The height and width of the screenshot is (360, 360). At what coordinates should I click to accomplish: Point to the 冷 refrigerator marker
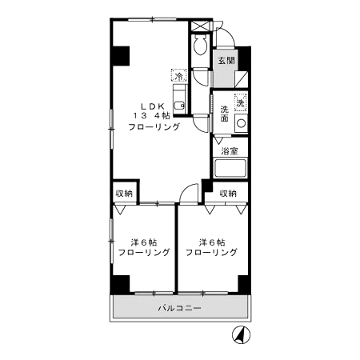178,77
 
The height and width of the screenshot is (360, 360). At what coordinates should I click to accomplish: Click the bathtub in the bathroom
230,170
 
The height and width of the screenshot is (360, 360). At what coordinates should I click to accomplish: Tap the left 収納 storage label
123,193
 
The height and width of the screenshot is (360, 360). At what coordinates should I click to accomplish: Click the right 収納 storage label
228,193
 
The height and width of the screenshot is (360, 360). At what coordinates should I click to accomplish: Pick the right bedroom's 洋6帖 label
211,241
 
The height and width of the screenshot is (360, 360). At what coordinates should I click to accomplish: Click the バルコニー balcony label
178,308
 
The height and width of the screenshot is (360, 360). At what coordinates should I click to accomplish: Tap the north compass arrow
238,336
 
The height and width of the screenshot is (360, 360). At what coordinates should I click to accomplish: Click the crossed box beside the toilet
199,25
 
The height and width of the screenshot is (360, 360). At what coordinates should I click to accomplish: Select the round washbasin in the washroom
240,123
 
